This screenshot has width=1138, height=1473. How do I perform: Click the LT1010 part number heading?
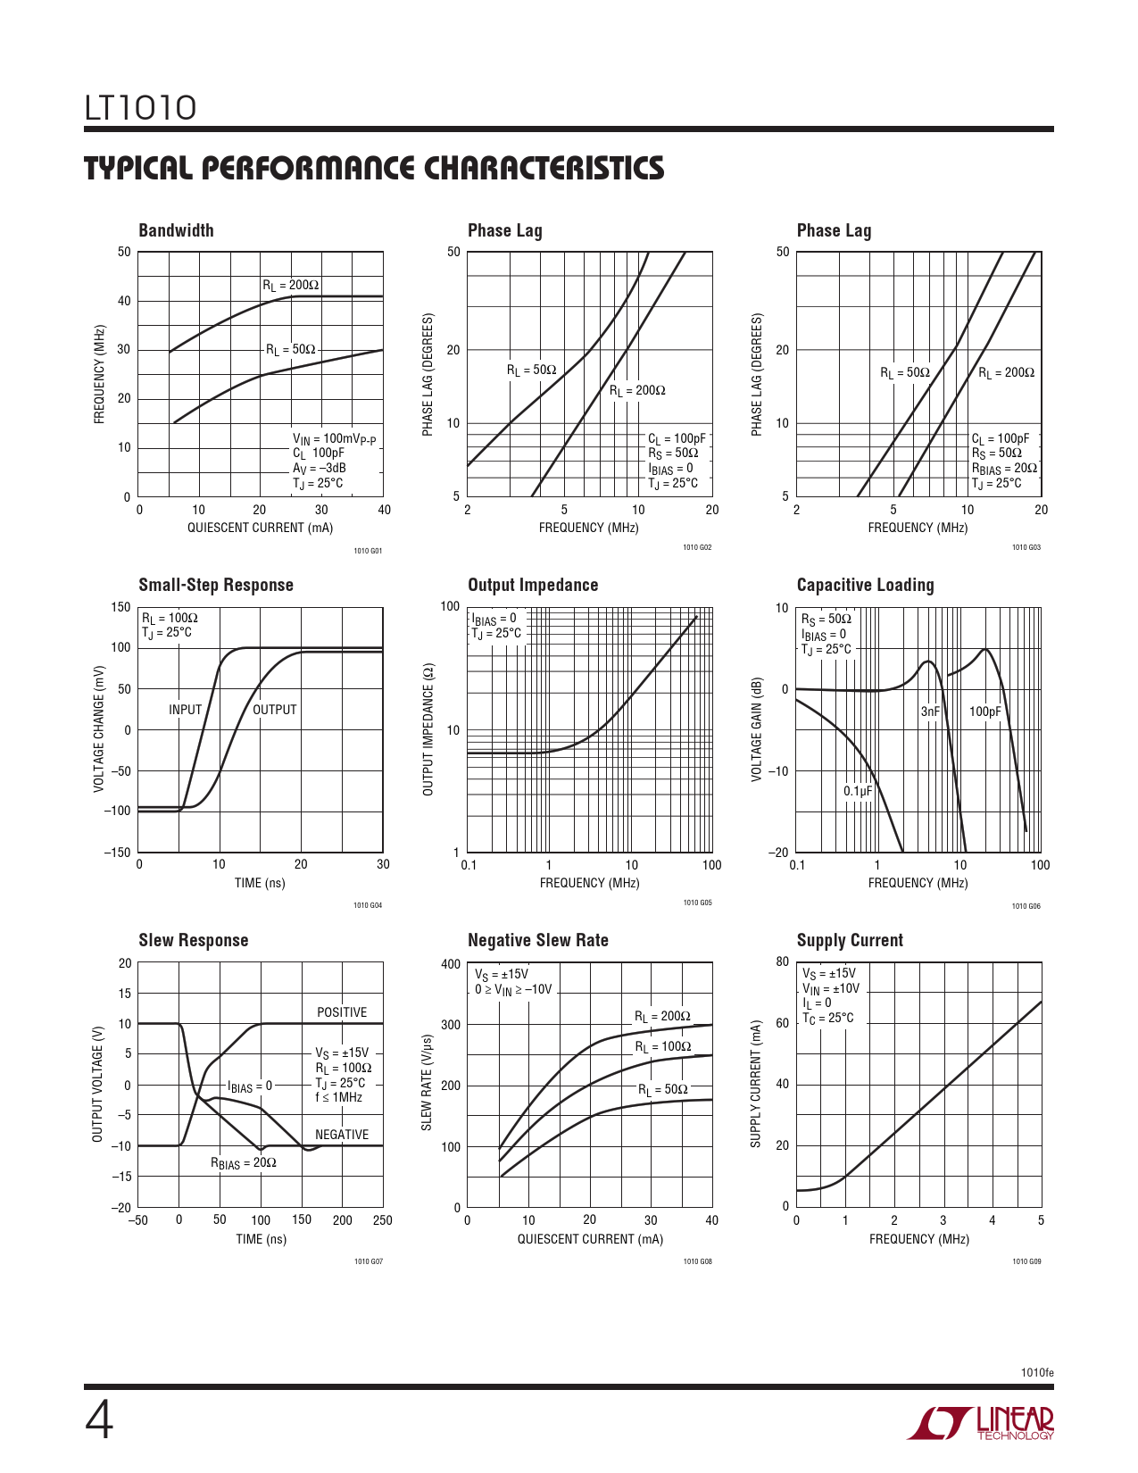click(x=140, y=108)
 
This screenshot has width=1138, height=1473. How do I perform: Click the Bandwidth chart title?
click(x=176, y=230)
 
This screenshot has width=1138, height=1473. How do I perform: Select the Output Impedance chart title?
click(x=533, y=585)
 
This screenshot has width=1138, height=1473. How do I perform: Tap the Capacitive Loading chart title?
click(x=865, y=585)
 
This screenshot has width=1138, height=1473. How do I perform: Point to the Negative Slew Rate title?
click(x=537, y=940)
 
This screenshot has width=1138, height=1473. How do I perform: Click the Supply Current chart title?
click(x=850, y=940)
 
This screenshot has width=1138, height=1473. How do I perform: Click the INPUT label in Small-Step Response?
click(x=185, y=710)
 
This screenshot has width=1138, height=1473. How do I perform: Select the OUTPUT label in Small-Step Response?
click(x=274, y=710)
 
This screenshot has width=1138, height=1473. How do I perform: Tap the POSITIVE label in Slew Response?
click(x=342, y=1012)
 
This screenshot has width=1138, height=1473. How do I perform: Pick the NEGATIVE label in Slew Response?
click(x=342, y=1135)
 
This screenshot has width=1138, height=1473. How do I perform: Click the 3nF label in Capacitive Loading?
click(x=930, y=712)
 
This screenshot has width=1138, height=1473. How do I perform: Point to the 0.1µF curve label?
click(x=858, y=791)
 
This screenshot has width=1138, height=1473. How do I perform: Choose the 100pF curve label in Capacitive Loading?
click(x=985, y=712)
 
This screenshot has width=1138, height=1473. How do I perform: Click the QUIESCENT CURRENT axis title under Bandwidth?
click(x=260, y=528)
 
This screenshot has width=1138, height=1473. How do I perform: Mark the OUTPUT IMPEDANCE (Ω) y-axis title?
click(x=428, y=729)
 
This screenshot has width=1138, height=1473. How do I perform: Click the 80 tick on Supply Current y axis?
click(x=783, y=962)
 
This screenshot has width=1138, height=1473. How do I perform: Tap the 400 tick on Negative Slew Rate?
click(x=451, y=964)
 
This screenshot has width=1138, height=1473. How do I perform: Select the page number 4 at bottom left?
click(x=99, y=1420)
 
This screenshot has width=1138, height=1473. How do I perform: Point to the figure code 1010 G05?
click(x=697, y=903)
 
